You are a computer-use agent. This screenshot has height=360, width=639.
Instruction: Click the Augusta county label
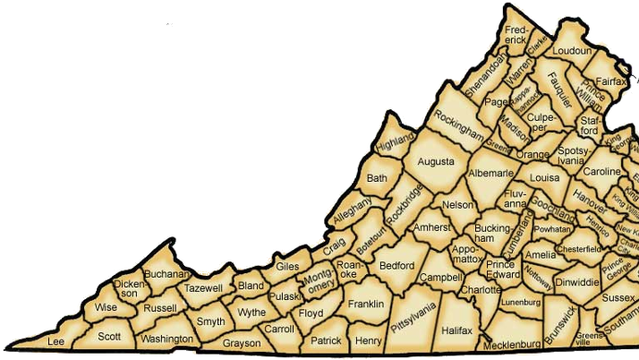[x=436, y=162]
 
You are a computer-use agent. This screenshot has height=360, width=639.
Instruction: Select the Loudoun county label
[x=573, y=51]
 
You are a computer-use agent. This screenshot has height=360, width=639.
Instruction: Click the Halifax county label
[x=456, y=330]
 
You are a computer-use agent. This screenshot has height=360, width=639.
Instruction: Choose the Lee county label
[x=56, y=342]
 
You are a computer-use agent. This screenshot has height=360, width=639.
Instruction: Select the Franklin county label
[x=365, y=304]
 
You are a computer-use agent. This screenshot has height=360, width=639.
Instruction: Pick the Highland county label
[x=396, y=141]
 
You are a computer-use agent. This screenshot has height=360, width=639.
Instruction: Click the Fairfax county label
[x=611, y=81]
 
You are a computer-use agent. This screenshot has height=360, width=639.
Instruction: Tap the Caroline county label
[x=601, y=171]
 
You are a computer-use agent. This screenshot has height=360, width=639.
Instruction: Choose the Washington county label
[x=166, y=339]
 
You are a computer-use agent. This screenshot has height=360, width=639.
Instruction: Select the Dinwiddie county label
[x=576, y=281]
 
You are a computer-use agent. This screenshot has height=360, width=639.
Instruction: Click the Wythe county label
[x=251, y=312]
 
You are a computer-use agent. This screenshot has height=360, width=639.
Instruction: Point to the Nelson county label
[x=457, y=205]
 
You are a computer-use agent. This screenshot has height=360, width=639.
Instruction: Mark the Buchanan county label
[x=167, y=274]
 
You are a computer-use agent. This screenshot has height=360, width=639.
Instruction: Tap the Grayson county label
[x=241, y=343]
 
